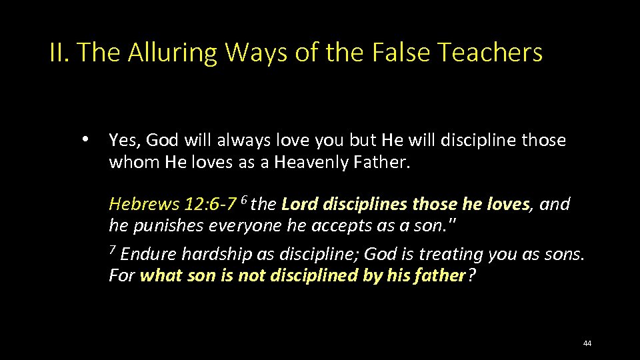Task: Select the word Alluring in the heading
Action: [175, 52]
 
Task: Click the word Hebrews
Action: [137, 203]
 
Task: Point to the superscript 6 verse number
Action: [244, 199]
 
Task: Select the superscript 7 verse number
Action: [113, 250]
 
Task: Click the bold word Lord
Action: [299, 203]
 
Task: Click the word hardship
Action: [213, 254]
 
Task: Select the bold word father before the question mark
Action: [438, 275]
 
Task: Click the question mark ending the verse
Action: [472, 275]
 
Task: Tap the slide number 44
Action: [587, 343]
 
